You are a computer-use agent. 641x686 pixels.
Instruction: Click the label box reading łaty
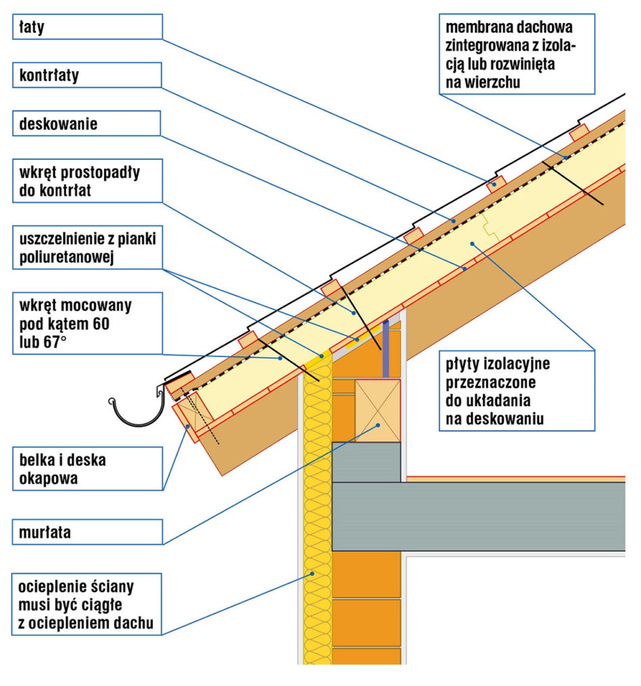pos(87,26)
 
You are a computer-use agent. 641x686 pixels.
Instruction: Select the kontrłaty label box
pos(87,75)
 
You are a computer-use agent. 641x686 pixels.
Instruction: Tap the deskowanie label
pos(87,123)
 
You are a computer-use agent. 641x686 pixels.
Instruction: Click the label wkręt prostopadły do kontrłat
pos(87,181)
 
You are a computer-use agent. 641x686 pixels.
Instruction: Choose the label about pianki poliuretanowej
pos(87,247)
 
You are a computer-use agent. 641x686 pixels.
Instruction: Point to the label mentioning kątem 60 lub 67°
pos(87,323)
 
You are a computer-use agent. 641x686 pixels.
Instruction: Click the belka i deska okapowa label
pos(87,469)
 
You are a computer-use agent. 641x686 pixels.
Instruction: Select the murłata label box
pos(87,532)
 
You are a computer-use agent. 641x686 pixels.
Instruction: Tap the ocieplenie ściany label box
pos(87,604)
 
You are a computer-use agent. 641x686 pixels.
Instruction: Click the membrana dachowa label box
pos(517,54)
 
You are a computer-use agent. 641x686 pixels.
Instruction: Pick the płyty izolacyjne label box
pos(517,390)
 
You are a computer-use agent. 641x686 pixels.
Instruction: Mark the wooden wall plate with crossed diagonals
pos(377,411)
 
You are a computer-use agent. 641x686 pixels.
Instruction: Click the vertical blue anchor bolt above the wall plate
pos(385,348)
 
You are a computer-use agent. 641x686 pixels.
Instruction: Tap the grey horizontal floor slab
pos(478,517)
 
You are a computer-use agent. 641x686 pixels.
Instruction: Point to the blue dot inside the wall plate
pos(378,425)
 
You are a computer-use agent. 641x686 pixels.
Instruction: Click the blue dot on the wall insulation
pos(312,573)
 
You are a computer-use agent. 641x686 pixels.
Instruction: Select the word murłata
pos(45,532)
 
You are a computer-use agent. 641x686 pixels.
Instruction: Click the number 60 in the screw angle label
pos(101,324)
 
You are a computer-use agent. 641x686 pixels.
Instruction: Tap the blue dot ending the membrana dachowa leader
pos(565,158)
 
